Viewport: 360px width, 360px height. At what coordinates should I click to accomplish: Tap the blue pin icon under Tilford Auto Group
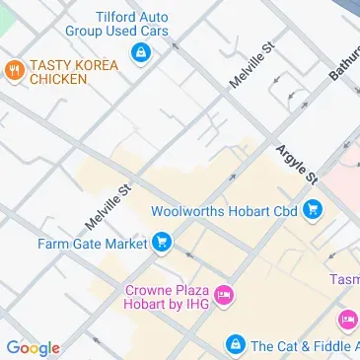tap(141, 51)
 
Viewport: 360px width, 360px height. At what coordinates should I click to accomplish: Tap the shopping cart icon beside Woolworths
tap(313, 208)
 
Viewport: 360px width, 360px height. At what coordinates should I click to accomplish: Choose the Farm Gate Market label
tap(92, 242)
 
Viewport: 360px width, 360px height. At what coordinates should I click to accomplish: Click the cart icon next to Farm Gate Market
tap(161, 242)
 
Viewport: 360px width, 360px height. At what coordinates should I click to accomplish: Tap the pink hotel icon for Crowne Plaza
tap(224, 294)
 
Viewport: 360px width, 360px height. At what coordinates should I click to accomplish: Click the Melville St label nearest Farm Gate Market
tap(108, 203)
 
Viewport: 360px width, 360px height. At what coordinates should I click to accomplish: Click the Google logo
tap(33, 347)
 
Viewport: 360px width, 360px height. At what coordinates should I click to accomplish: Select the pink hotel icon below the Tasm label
tap(346, 320)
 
